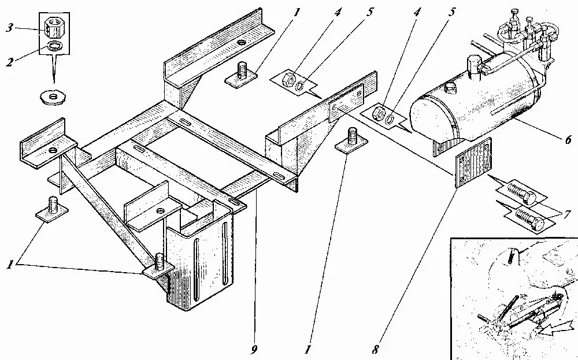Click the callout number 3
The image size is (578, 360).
point(10,28)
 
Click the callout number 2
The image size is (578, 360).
point(9,61)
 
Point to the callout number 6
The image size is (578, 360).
point(568,139)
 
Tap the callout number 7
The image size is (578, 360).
point(568,214)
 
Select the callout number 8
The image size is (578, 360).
point(375,348)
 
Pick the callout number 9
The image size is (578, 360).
point(254,350)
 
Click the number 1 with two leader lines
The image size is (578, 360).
point(10,264)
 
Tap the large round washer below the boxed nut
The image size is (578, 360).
point(53,97)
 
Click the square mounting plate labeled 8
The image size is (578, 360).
point(474,162)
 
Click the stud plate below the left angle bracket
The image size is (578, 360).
point(52,210)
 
